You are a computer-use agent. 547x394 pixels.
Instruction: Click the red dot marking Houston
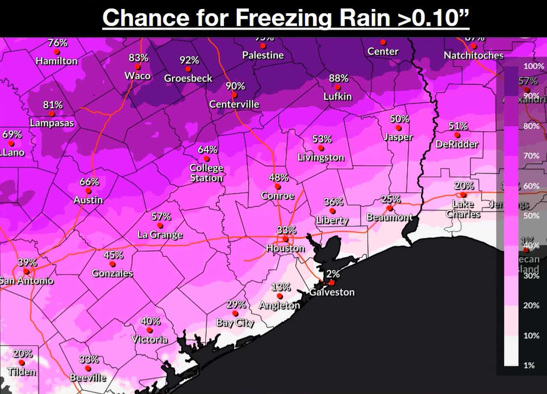click(285, 239)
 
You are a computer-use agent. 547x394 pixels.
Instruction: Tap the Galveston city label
click(332, 292)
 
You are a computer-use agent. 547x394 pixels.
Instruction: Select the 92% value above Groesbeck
click(189, 60)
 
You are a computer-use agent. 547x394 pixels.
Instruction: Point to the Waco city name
click(138, 76)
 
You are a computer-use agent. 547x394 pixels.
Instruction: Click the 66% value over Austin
click(89, 181)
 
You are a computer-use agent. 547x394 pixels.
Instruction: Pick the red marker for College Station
click(206, 159)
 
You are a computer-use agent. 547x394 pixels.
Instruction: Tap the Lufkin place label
click(337, 96)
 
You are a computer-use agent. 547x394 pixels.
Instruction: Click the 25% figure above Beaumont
click(391, 199)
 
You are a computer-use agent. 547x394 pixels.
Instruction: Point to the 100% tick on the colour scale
click(534, 66)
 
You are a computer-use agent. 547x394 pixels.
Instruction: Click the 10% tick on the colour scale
click(532, 335)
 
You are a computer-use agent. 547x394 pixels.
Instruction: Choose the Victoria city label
click(150, 340)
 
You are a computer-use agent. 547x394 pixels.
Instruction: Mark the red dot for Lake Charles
click(463, 195)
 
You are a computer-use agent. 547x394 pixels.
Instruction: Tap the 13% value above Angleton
click(281, 287)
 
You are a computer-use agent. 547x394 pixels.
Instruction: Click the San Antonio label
click(26, 281)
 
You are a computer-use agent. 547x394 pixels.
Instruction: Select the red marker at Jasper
click(398, 127)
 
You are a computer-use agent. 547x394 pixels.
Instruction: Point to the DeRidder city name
click(457, 144)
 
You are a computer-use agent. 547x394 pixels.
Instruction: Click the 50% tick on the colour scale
click(532, 216)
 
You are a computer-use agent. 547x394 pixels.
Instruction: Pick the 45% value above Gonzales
click(113, 255)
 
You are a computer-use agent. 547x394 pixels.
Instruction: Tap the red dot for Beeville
click(88, 368)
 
